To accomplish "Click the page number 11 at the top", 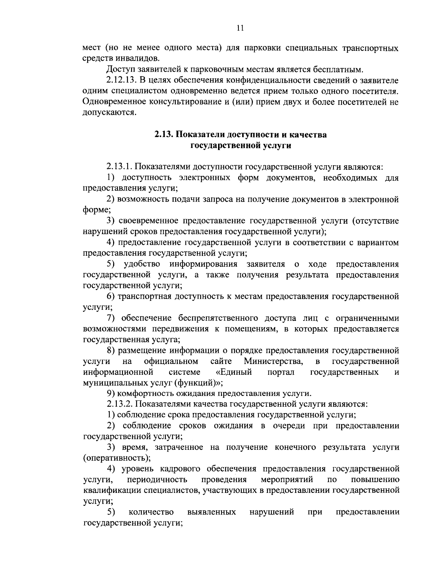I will pos(240,28).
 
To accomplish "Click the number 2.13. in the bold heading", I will pos(164,134).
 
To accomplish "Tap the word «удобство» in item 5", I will pos(142,264).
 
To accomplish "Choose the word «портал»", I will pos(281,372).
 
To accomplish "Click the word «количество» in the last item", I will pos(151,512).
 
